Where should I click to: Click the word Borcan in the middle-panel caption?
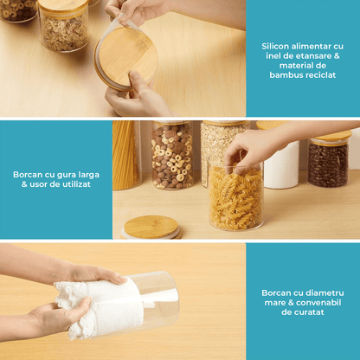click(28, 175)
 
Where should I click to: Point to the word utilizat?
click(75, 184)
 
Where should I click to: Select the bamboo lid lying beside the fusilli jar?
click(151, 228)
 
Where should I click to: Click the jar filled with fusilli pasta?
click(235, 196)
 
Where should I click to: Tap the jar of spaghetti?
click(126, 155)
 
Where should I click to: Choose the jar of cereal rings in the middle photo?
click(172, 155)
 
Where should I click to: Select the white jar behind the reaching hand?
click(281, 162)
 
